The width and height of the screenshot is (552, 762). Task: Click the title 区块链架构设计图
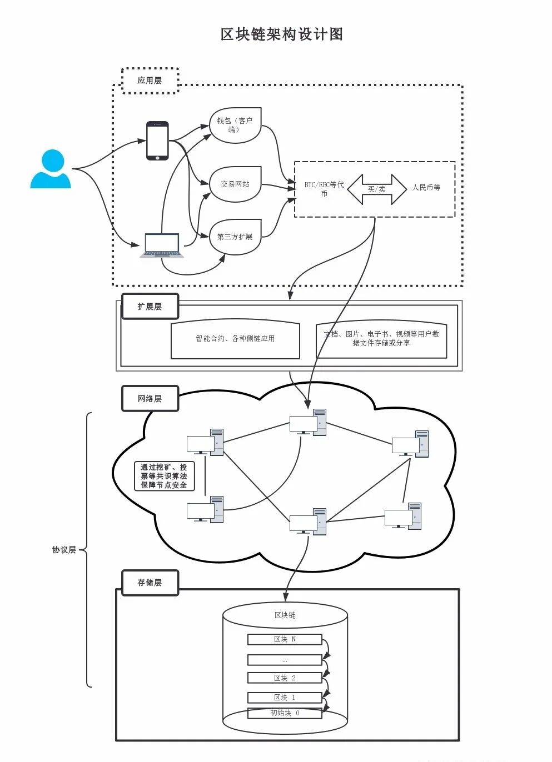point(282,34)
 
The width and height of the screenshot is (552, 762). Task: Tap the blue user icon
point(51,169)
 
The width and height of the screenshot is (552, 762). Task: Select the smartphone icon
point(157,141)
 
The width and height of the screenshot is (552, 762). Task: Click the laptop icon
point(162,245)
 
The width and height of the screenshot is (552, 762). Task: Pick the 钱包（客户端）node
point(235,126)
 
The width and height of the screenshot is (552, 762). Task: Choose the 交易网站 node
point(235,184)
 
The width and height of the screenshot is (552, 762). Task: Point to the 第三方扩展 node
point(235,237)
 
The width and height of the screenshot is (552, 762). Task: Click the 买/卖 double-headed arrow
point(377,189)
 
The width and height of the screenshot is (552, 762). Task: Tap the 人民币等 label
point(426,188)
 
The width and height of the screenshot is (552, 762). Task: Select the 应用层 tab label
point(150,81)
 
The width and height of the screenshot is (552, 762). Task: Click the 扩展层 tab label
point(150,307)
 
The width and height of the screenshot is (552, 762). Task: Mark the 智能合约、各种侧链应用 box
point(235,339)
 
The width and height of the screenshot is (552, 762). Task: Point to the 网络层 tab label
point(150,399)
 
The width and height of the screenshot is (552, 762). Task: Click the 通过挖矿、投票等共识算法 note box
point(164,476)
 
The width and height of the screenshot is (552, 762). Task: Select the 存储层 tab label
point(150,583)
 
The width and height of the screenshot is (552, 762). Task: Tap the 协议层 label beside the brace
point(64,550)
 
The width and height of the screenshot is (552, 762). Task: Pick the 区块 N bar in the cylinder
point(285,639)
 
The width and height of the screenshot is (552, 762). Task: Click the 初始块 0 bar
point(285,713)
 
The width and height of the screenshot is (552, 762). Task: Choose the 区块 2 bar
point(285,678)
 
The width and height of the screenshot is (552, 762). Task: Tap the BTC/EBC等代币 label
point(324,189)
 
